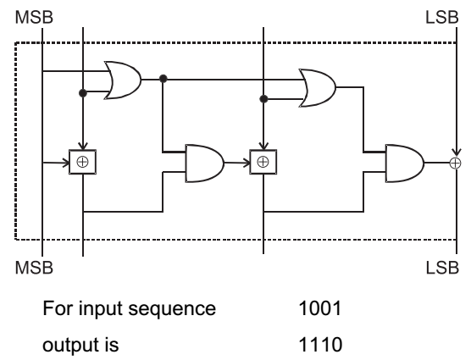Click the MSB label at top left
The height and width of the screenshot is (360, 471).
click(x=34, y=17)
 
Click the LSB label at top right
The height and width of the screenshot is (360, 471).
click(x=442, y=17)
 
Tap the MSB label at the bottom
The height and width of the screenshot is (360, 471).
click(x=34, y=268)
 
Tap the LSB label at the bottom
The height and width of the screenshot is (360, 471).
click(x=442, y=268)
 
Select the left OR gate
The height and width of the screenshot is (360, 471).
click(x=123, y=80)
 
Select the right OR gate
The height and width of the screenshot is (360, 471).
click(x=318, y=88)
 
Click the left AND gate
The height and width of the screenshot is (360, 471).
click(x=205, y=163)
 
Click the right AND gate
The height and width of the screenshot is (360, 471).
click(x=405, y=163)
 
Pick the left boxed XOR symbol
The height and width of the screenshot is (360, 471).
click(x=83, y=162)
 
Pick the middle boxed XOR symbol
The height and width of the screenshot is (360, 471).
click(x=263, y=162)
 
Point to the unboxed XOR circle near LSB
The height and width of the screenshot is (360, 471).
click(x=456, y=163)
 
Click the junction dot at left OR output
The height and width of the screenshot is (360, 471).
click(x=163, y=79)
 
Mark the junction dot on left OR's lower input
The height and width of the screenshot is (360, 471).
click(x=83, y=93)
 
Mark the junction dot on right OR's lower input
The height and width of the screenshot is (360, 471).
click(x=263, y=99)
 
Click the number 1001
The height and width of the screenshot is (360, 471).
click(x=320, y=308)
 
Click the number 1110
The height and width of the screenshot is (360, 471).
click(x=320, y=345)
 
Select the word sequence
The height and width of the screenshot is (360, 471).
click(x=172, y=310)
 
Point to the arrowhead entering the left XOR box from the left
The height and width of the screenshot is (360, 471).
click(x=66, y=163)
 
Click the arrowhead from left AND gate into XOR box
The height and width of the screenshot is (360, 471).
click(x=247, y=163)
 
